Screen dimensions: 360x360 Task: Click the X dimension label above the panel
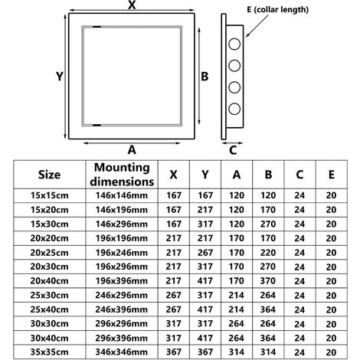click(x=132, y=6)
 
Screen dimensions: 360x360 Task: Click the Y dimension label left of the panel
click(x=58, y=76)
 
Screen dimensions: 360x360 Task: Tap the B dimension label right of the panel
click(x=205, y=77)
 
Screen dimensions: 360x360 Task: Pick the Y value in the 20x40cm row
click(x=205, y=281)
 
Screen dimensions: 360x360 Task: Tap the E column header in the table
click(x=330, y=175)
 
